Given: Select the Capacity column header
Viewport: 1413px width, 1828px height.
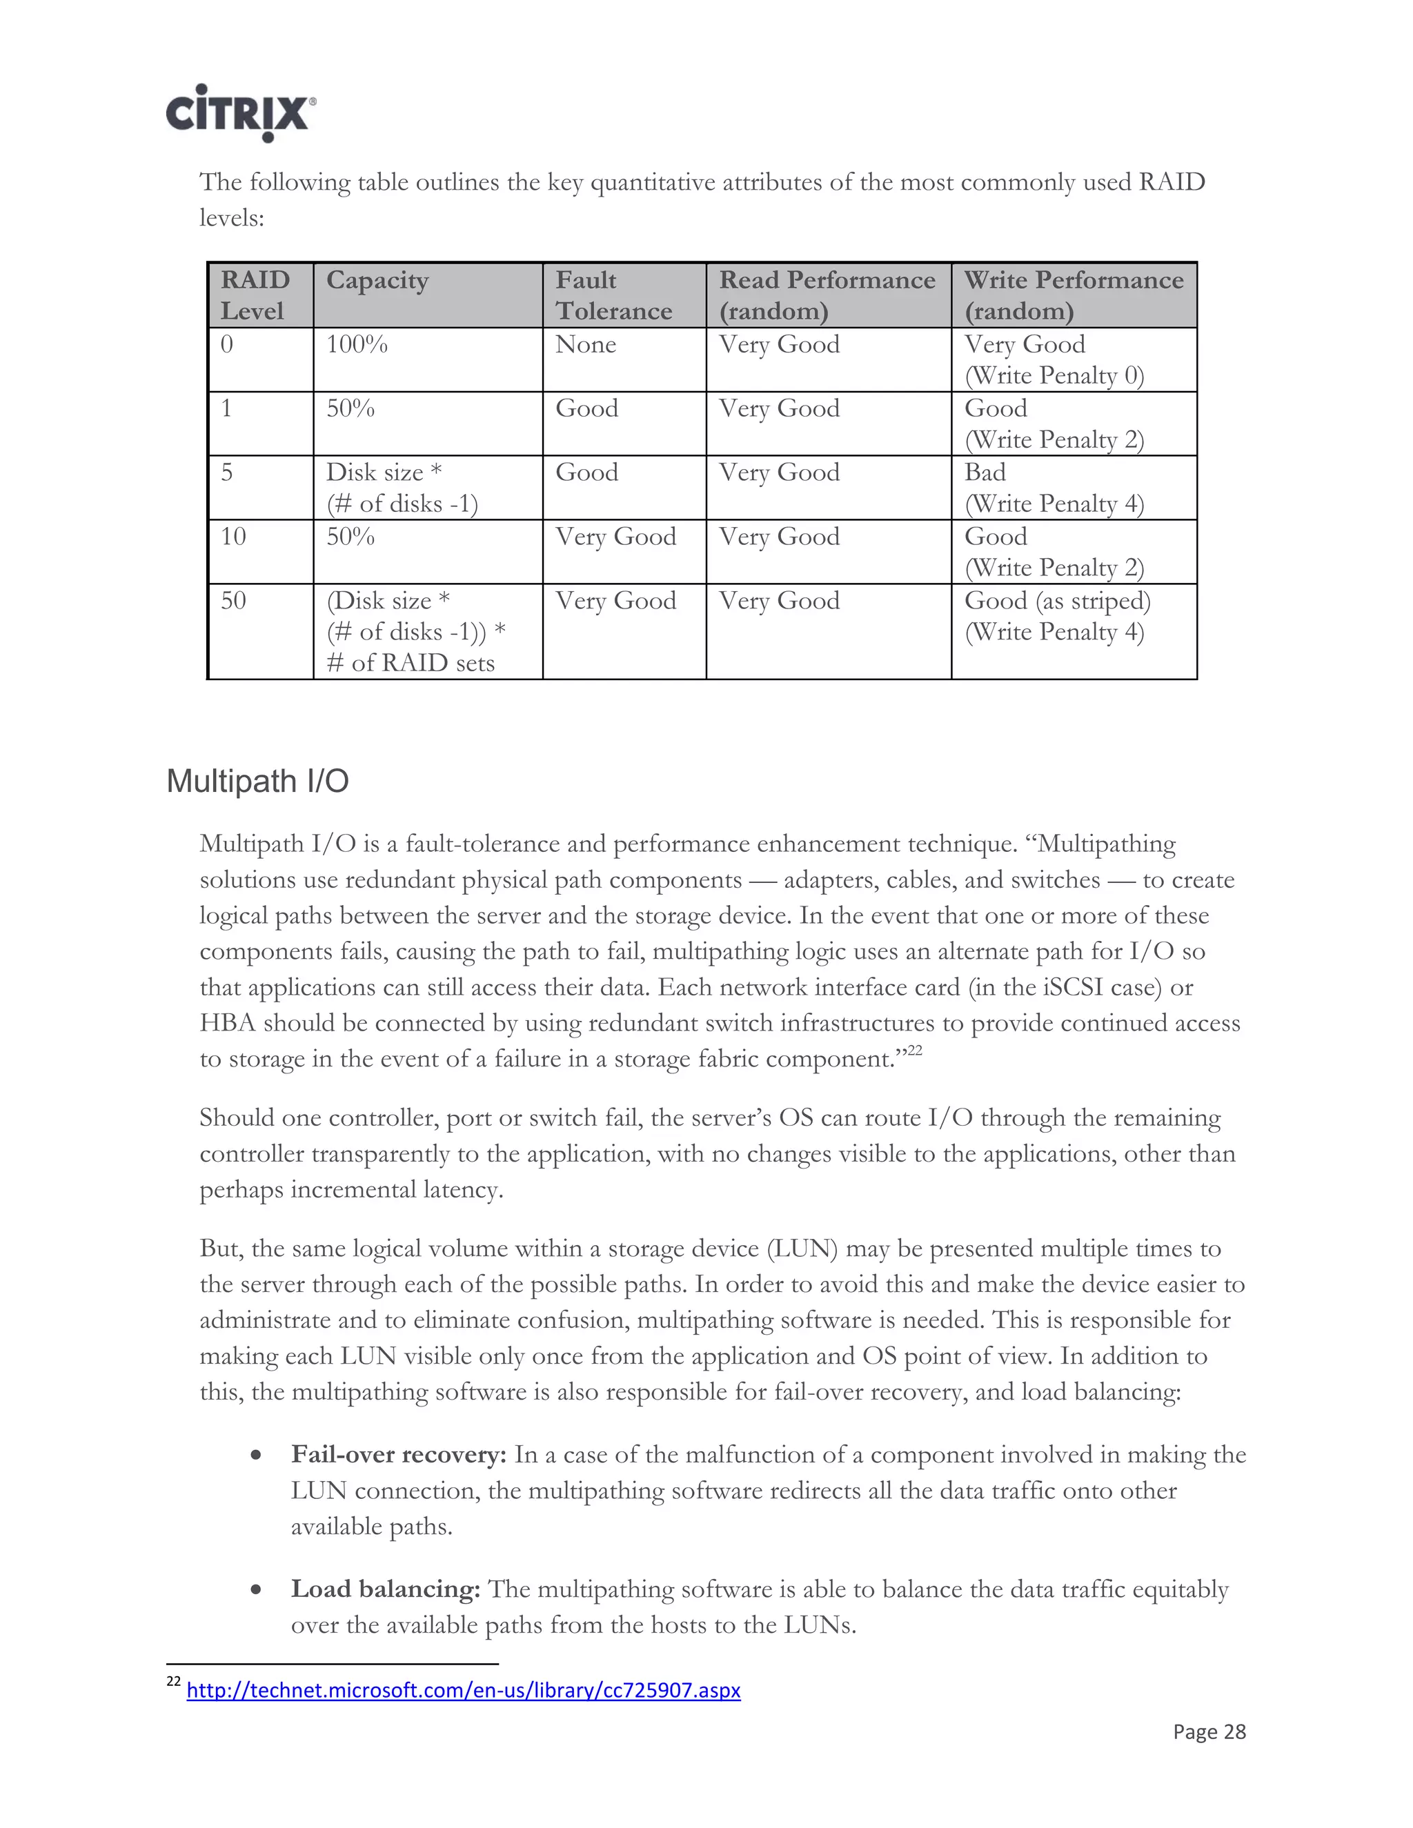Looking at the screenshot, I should click(377, 280).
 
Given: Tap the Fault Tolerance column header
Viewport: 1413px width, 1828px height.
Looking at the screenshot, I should click(613, 295).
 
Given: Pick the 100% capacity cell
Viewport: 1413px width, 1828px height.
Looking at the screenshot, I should click(357, 345).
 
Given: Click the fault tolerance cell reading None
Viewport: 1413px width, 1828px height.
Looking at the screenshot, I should click(585, 345).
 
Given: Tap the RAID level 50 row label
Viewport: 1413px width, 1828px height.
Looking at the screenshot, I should click(234, 601).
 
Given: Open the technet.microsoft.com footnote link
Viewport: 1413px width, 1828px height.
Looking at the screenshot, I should click(463, 1690).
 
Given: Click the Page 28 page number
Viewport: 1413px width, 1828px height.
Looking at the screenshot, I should click(1209, 1731).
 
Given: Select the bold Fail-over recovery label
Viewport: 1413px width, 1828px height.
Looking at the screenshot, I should click(399, 1455).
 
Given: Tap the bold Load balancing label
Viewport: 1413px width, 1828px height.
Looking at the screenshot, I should click(385, 1589).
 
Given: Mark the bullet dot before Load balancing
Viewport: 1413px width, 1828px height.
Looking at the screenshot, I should click(256, 1589).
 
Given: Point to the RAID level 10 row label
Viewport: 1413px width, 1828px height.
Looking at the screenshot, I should click(234, 537).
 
